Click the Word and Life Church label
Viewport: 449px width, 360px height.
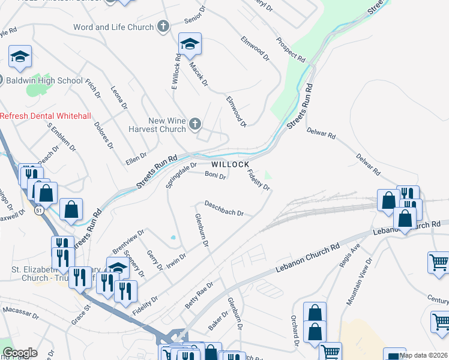point(113,27)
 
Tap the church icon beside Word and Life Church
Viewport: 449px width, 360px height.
point(163,26)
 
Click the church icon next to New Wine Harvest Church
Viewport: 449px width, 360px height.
point(194,124)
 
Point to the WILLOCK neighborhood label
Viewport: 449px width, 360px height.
point(229,164)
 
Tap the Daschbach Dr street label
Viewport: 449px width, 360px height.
point(224,208)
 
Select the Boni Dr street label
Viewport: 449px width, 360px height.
point(215,176)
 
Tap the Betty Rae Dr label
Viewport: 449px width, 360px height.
point(199,296)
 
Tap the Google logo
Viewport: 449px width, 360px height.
point(20,353)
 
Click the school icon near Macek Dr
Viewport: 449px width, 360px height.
point(190,44)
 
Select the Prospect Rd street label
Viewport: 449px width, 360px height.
point(291,50)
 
